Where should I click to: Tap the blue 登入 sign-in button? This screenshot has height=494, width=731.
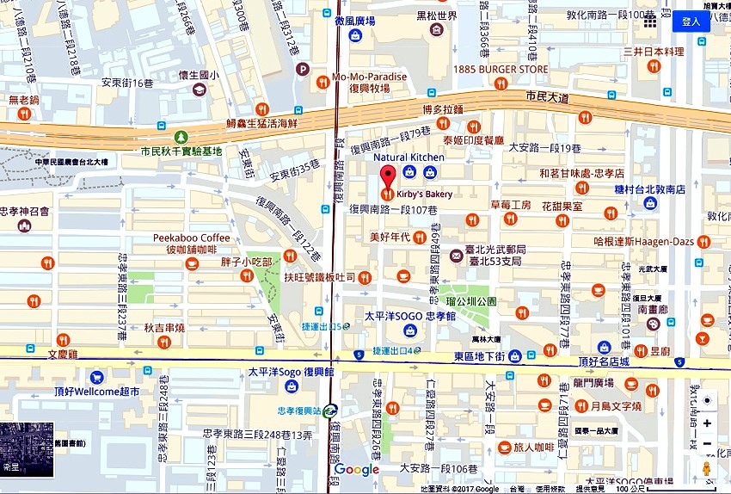pyautogui.click(x=691, y=22)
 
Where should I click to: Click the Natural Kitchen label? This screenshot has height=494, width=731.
pyautogui.click(x=408, y=157)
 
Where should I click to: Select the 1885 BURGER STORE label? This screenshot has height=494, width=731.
pyautogui.click(x=501, y=69)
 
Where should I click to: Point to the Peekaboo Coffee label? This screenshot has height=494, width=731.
pyautogui.click(x=192, y=238)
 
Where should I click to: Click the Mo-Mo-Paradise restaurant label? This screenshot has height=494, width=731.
pyautogui.click(x=369, y=77)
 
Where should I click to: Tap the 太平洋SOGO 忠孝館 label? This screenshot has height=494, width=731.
pyautogui.click(x=402, y=316)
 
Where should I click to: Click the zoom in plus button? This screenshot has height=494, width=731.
pyautogui.click(x=707, y=423)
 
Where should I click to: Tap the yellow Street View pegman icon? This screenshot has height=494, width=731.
pyautogui.click(x=707, y=469)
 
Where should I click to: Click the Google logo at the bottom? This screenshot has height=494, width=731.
pyautogui.click(x=357, y=469)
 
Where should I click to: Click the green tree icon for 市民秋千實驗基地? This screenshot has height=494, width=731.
pyautogui.click(x=181, y=137)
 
